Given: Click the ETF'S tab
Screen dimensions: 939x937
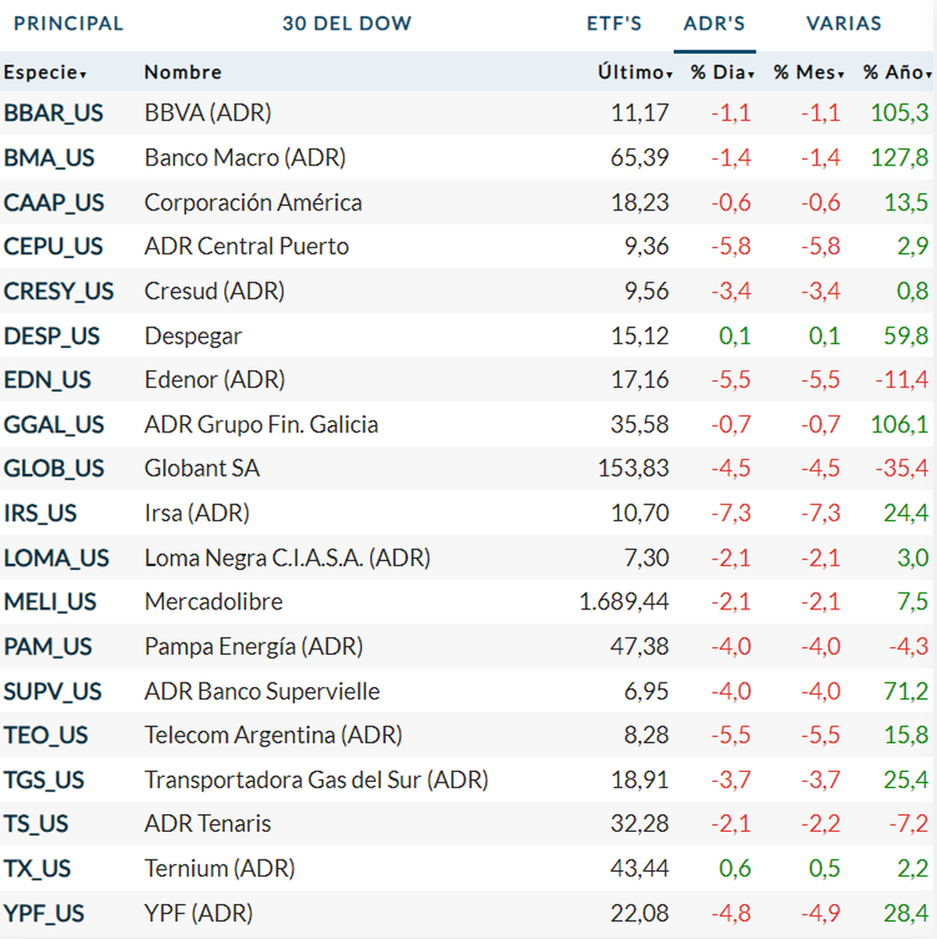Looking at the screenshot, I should tap(614, 23).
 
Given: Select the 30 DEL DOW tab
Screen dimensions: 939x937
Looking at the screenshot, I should tap(347, 23).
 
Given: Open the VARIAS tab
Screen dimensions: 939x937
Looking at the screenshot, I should tap(843, 23).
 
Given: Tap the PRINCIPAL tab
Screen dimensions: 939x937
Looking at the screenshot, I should tap(69, 23).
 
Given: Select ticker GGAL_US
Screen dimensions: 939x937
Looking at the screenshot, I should tap(54, 425).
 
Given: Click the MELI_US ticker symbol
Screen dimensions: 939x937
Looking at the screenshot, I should tap(50, 602).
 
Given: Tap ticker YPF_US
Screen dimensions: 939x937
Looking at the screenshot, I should tap(44, 913).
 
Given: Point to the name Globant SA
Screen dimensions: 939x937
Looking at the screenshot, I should tap(201, 468).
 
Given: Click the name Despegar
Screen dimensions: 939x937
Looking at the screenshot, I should tap(193, 336).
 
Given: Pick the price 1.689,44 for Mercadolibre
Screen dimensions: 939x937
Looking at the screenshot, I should tap(624, 602).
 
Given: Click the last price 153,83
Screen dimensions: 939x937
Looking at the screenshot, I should tap(633, 468).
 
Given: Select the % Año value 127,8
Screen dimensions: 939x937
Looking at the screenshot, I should tap(900, 158).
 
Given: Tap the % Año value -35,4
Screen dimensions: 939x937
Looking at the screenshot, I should tap(902, 468).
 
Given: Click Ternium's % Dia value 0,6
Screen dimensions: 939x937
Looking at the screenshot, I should tap(735, 869).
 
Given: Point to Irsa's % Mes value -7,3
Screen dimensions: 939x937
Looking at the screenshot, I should tap(821, 513).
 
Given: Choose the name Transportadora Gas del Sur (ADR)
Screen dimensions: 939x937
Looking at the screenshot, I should tap(316, 780).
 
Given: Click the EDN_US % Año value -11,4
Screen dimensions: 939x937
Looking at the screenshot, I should tap(902, 380).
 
